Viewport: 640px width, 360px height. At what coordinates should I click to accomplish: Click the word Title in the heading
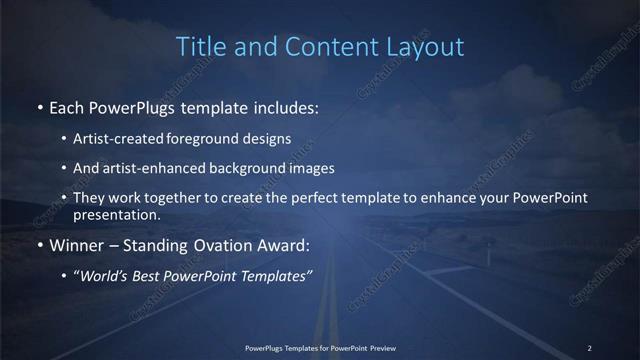point(198,46)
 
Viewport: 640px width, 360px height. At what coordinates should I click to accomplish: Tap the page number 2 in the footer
point(590,347)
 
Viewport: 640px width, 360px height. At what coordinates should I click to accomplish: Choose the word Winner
point(79,245)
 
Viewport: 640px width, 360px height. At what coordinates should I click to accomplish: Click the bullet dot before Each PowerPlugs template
point(39,106)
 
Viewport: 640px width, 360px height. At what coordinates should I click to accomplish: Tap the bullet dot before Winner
point(39,245)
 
